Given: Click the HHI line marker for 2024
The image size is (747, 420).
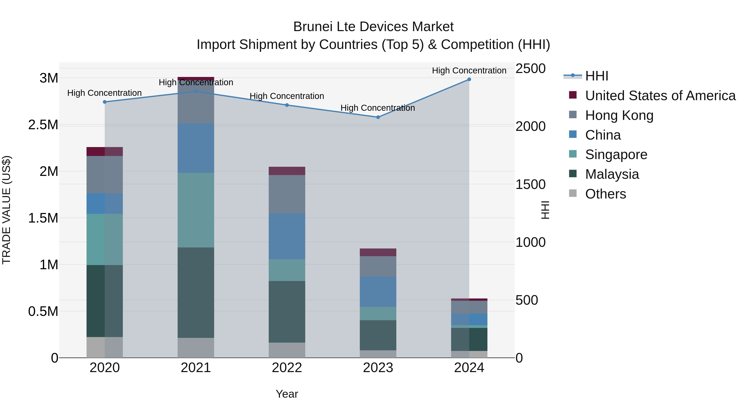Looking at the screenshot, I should point(469,79).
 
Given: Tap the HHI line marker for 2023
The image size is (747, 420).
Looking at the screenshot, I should point(378,117).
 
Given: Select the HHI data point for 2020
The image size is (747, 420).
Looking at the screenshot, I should point(105,102).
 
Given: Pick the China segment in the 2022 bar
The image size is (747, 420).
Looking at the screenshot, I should point(287,236).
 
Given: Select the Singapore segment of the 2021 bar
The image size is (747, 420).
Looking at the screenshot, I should point(196,210).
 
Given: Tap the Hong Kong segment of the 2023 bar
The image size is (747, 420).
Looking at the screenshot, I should point(378,266).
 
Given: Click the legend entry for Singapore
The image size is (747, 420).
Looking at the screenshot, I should point(616,155).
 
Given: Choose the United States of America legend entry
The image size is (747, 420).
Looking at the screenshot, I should point(660,96).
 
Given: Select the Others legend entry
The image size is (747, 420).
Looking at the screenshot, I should point(605,194).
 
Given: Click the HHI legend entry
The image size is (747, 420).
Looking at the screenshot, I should point(597,76).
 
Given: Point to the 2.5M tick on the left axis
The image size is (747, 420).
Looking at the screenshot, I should point(43,125).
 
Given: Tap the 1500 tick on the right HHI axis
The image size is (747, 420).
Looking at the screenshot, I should point(530,184).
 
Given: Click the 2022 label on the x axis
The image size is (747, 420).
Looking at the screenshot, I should point(287,368).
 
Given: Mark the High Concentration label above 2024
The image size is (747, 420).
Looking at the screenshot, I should point(469,71).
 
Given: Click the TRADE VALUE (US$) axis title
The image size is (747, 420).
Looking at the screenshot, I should point(6,210).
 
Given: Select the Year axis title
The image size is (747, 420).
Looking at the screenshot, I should point(287,394).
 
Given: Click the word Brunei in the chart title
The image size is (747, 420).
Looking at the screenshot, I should point(313,27).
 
